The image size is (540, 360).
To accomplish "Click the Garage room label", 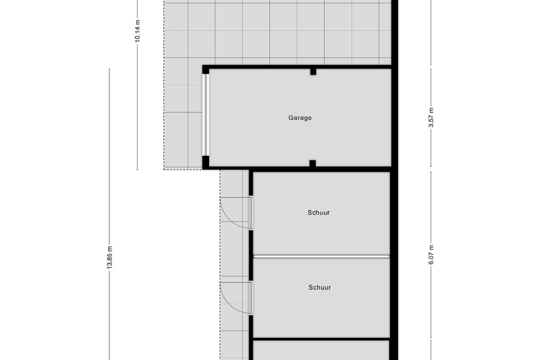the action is tap(300, 118).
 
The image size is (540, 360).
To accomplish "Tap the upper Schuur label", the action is tap(318, 213).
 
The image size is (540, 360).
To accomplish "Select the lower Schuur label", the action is tap(320, 287).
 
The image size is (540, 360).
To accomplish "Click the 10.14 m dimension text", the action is tap(138, 31).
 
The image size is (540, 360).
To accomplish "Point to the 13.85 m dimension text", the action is tap(109, 258).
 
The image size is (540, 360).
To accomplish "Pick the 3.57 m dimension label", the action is tap(431, 118).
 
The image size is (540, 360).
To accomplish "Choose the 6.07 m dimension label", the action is tap(431, 255).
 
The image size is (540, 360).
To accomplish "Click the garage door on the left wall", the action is tap(206, 115).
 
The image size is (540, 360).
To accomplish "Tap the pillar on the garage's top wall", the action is tap(313, 72).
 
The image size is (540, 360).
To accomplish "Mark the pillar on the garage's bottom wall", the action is tap(313, 163).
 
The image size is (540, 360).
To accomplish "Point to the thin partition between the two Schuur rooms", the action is tap(321, 257).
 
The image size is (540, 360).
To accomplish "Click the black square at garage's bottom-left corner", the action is tap(206, 163).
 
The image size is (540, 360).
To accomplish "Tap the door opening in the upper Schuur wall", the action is tap(251, 213).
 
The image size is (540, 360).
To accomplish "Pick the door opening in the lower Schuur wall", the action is tap(251, 298).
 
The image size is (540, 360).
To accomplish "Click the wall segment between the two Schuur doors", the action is tap(251, 255).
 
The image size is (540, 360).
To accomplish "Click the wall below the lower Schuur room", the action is tap(321, 339).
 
